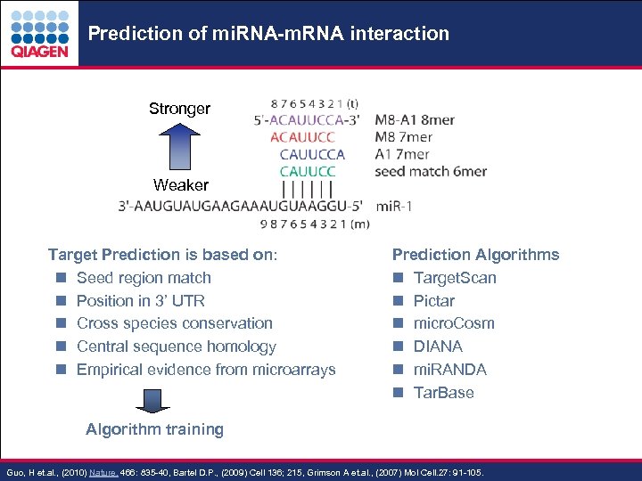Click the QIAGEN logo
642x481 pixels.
39,34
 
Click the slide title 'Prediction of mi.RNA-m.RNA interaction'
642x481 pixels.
268,34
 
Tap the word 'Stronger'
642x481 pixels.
179,109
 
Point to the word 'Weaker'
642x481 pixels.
180,185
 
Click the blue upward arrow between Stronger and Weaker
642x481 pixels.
179,148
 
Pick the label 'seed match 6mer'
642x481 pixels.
431,171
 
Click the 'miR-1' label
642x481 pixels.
395,206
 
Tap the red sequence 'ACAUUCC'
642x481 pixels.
302,137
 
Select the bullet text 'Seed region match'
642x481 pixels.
144,278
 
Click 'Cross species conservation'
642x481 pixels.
174,323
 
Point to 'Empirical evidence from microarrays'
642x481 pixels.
206,370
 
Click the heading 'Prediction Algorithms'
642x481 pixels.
475,255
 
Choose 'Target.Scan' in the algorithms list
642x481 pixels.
455,278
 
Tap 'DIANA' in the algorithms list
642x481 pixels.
438,346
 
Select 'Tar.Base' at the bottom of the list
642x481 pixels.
443,393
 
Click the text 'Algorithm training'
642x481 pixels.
154,429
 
